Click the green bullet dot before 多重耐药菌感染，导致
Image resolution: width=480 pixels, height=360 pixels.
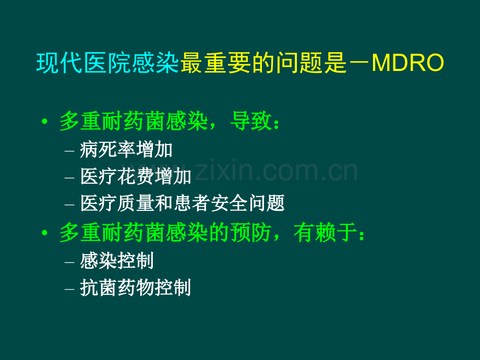click(45, 122)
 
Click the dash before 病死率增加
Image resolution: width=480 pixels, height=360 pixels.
click(70, 151)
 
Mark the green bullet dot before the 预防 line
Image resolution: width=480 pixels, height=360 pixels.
click(45, 233)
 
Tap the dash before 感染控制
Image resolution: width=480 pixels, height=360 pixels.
click(70, 261)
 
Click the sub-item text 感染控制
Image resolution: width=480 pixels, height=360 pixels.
click(117, 261)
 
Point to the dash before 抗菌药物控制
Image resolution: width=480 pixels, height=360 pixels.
click(70, 288)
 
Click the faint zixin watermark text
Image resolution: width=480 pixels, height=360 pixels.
click(271, 171)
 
